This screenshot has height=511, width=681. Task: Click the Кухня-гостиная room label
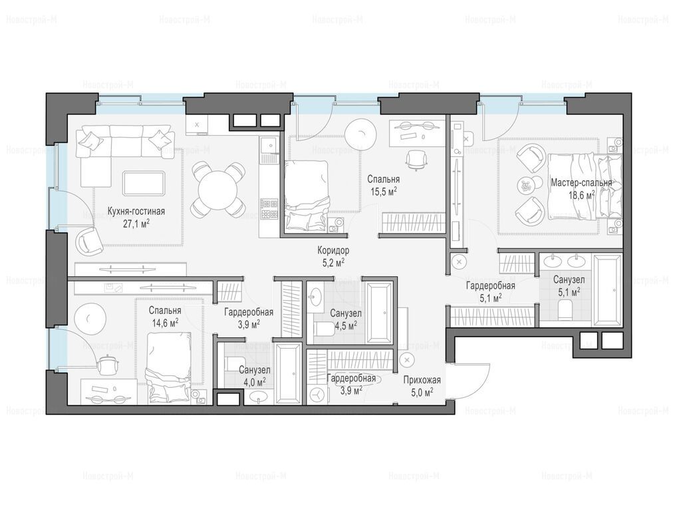click(136, 212)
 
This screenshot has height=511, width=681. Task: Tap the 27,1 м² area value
click(136, 224)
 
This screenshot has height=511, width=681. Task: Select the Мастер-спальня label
click(581, 183)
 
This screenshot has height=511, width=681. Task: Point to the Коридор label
click(333, 251)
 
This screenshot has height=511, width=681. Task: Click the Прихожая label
click(422, 381)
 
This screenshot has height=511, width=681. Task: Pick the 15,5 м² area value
click(384, 191)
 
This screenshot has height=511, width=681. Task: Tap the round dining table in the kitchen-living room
click(217, 190)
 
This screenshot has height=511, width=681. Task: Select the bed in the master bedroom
click(585, 186)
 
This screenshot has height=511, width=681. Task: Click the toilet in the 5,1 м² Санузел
click(565, 311)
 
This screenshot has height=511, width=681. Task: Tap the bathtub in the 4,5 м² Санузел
click(380, 313)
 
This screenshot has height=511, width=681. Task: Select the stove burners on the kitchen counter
click(269, 209)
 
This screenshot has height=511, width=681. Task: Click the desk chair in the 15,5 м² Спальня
click(416, 160)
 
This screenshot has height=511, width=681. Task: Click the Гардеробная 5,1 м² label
click(491, 291)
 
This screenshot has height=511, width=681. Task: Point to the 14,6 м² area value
click(165, 323)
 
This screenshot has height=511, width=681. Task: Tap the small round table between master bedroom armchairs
click(527, 186)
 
